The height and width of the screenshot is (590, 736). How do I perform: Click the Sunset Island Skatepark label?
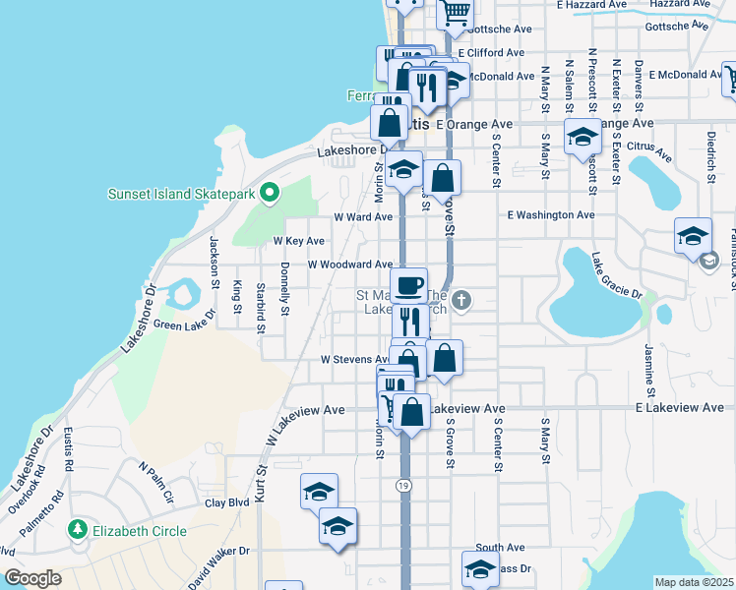pos(182,194)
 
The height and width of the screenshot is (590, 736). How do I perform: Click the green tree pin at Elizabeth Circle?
pos(78,530)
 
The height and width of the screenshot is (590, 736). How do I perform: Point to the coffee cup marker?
pos(408,285)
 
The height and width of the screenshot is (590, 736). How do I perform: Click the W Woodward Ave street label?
pos(349,265)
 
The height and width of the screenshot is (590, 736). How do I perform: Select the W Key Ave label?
pos(298,241)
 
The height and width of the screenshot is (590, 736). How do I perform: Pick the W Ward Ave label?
pos(363,216)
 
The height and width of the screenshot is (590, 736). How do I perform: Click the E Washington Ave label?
pos(551,214)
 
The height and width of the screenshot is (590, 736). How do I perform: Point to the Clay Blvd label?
pos(226,502)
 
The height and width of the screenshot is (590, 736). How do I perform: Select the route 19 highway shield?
pos(404,485)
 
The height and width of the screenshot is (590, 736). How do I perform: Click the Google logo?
pos(32,578)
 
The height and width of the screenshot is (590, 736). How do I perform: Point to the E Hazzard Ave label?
pos(590,5)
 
